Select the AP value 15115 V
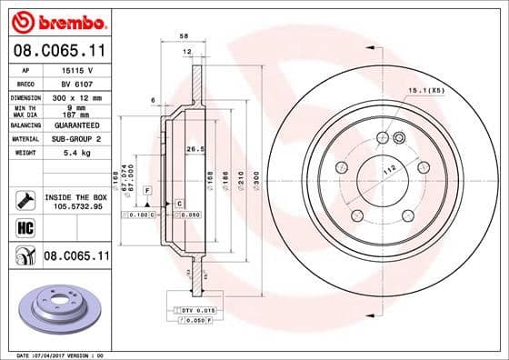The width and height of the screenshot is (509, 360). click(x=75, y=69)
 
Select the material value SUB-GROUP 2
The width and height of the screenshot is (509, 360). click(x=82, y=138)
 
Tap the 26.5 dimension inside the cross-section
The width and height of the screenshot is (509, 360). click(x=193, y=149)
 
